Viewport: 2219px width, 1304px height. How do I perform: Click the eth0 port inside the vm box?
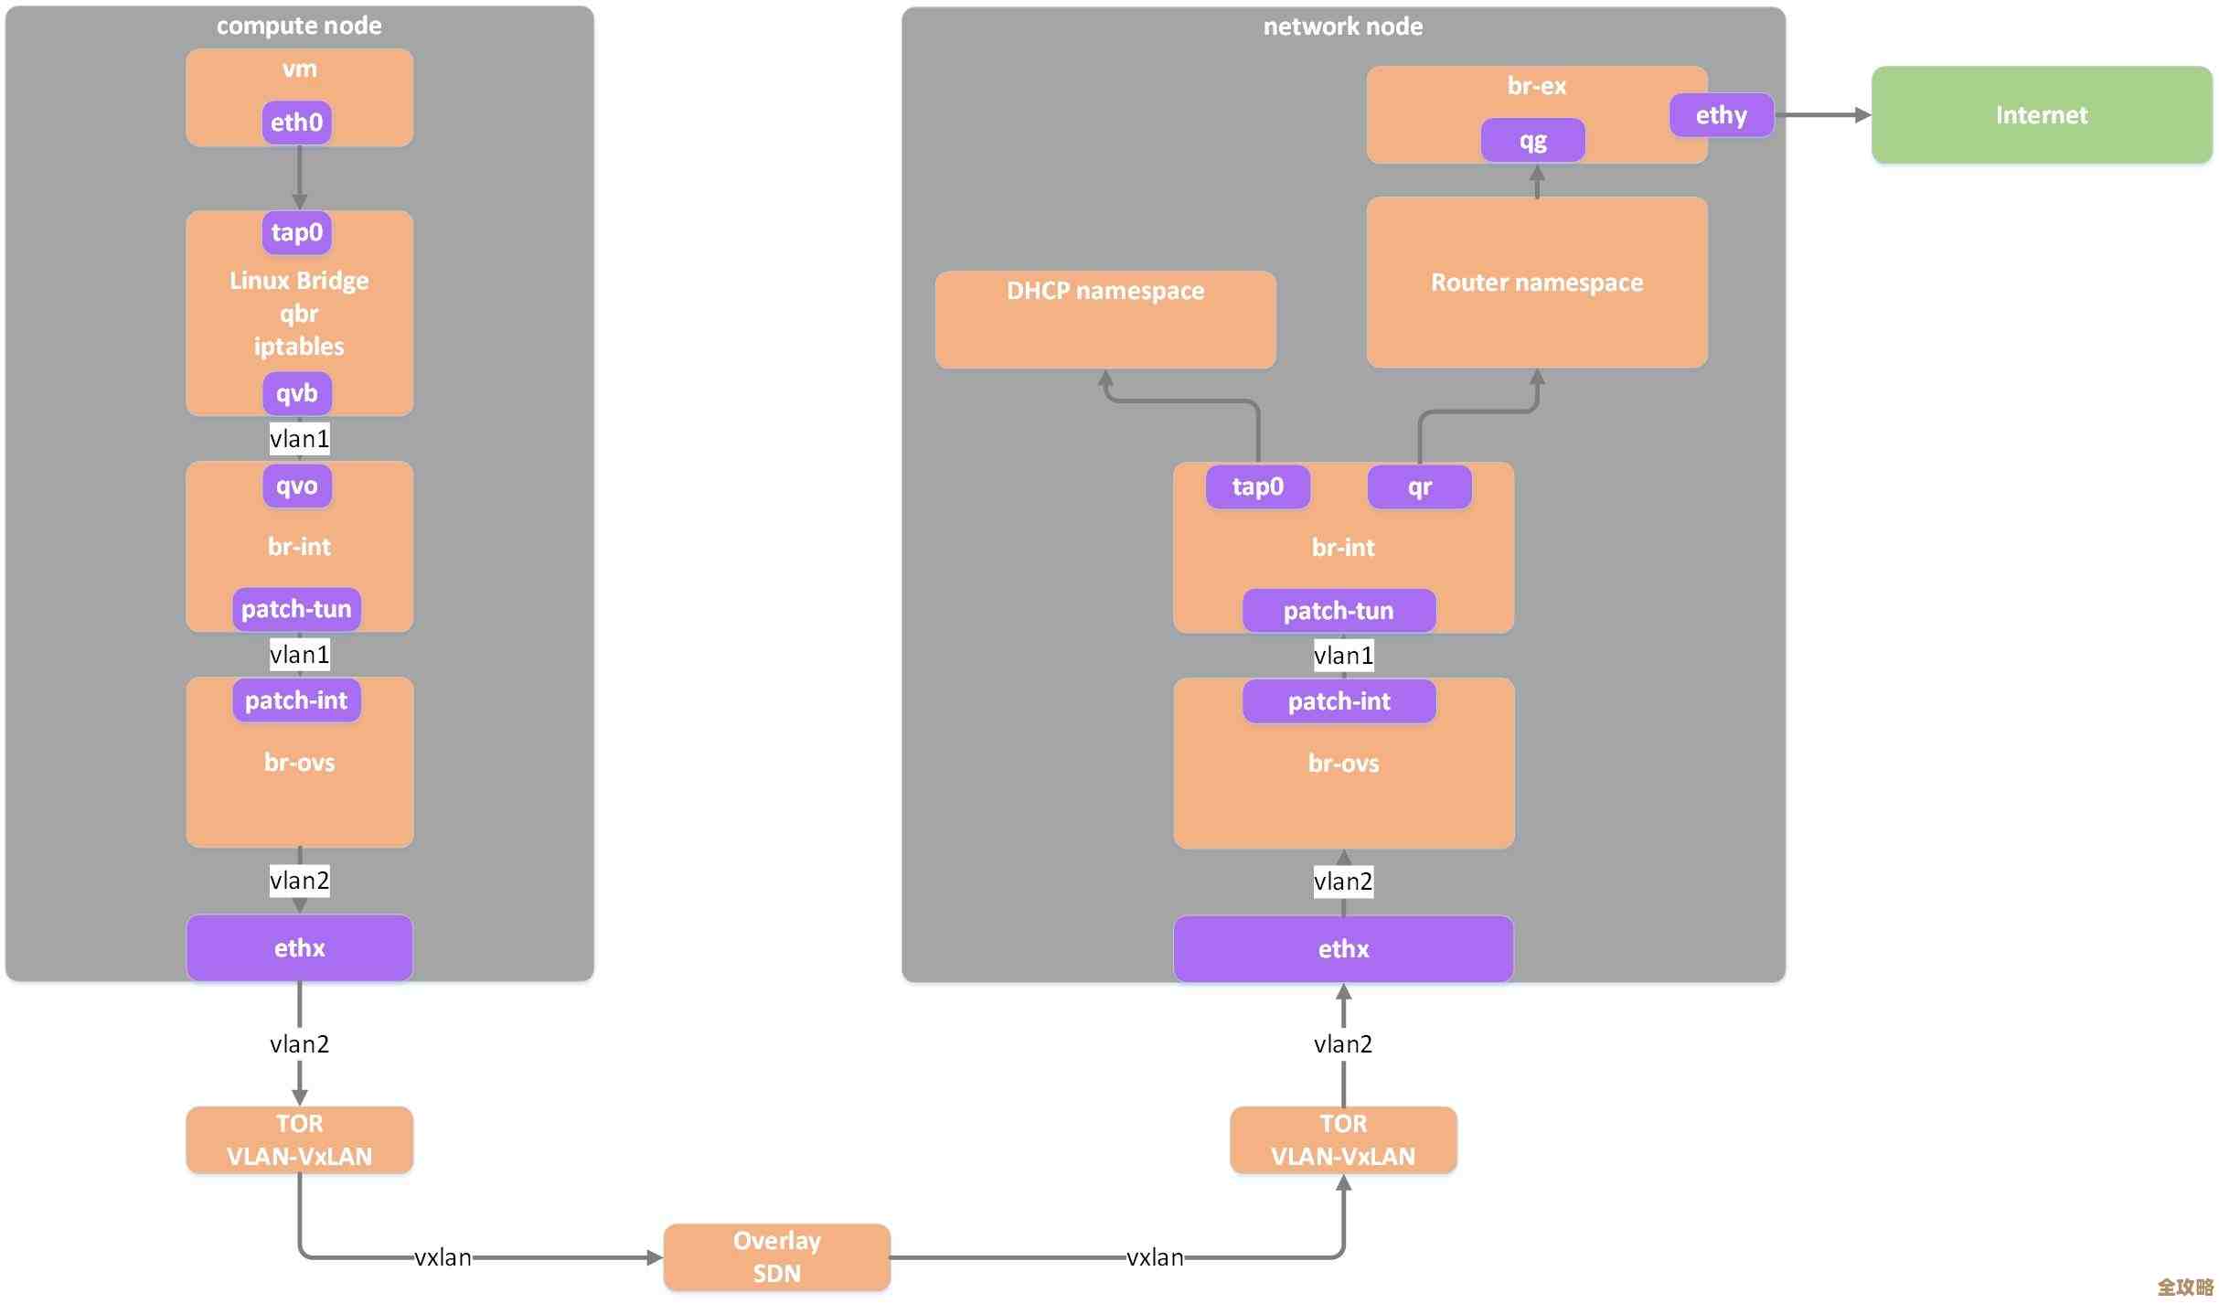pos(296,123)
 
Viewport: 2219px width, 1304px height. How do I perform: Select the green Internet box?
pos(2041,115)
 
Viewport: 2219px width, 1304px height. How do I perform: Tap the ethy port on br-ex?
pos(1720,115)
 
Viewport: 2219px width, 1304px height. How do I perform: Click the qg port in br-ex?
pos(1532,141)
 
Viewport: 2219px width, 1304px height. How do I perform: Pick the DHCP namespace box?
pos(1104,319)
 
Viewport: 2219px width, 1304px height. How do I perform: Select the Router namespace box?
pos(1536,283)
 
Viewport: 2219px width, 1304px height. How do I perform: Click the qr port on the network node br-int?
pos(1419,486)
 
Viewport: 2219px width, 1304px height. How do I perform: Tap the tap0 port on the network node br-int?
pos(1257,486)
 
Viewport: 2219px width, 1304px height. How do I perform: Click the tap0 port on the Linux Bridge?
pos(296,232)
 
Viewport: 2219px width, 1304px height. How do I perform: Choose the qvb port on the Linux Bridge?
pos(296,393)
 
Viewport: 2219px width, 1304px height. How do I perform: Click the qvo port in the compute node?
pos(296,486)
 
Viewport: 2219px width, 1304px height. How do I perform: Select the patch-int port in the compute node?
pos(296,700)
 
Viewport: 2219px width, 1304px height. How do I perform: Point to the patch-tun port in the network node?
pos(1338,611)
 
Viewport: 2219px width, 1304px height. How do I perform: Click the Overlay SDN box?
pos(776,1256)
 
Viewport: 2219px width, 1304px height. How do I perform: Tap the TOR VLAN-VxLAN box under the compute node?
pos(299,1139)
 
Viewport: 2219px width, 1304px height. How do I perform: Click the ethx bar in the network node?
pos(1342,949)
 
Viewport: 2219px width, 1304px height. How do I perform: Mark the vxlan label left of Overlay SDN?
pos(443,1257)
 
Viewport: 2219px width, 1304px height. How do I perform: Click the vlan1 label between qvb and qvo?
pos(299,439)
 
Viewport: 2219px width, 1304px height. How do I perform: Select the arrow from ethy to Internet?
pos(1821,115)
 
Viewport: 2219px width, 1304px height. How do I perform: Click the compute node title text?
pos(299,26)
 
